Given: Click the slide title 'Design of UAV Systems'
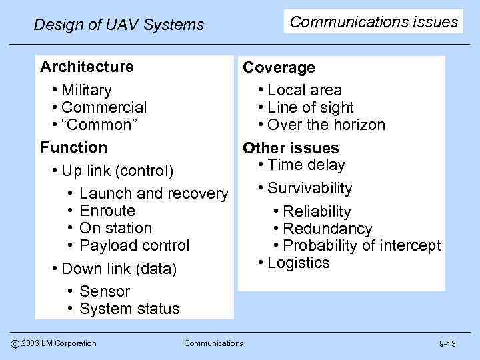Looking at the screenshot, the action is (119, 25).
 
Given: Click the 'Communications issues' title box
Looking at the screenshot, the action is (374, 22).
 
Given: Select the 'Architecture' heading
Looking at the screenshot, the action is (87, 67).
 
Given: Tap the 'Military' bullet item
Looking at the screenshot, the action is (86, 90).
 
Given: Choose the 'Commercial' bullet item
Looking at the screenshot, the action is (103, 107).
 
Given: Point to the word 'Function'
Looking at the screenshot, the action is (73, 147).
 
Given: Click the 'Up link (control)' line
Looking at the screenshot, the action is (117, 171).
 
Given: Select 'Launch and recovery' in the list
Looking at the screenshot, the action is (153, 194).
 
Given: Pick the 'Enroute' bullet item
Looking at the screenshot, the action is (107, 211).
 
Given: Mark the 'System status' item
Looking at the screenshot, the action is (129, 309).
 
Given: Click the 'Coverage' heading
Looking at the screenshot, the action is (279, 68).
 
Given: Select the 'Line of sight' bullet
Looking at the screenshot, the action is (311, 107).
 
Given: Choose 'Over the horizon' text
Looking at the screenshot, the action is (326, 125).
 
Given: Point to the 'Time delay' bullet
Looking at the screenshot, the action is (306, 165).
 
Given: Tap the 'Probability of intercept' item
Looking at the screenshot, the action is (362, 245).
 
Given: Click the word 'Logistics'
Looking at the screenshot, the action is (298, 263).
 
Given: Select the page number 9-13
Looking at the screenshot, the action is (447, 344).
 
